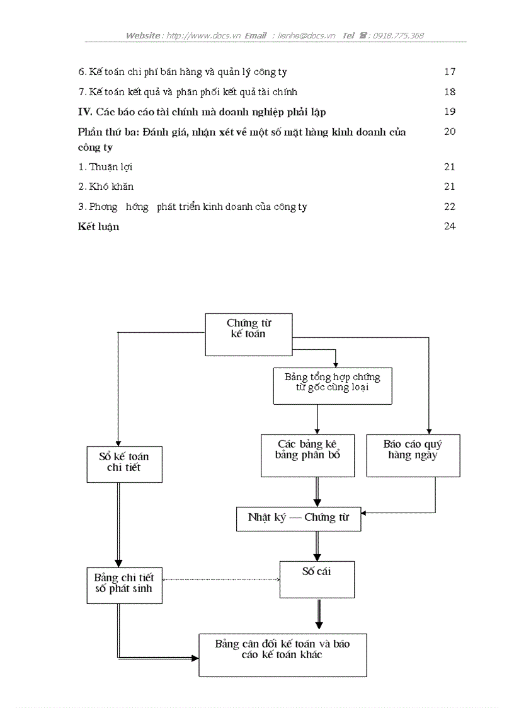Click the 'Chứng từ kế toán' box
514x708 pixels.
point(249,334)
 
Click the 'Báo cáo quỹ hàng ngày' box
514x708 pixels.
point(413,455)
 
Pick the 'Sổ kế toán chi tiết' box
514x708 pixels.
point(124,464)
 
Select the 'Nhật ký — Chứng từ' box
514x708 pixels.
point(299,518)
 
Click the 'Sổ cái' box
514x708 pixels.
point(316,579)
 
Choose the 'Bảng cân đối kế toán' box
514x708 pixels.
point(282,655)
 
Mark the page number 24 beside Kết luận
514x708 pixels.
point(449,226)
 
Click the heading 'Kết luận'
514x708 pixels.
point(98,226)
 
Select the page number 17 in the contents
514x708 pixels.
point(449,72)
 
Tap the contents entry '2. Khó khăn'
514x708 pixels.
point(106,187)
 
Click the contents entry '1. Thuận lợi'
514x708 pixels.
point(105,167)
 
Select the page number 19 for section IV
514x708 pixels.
point(449,112)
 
